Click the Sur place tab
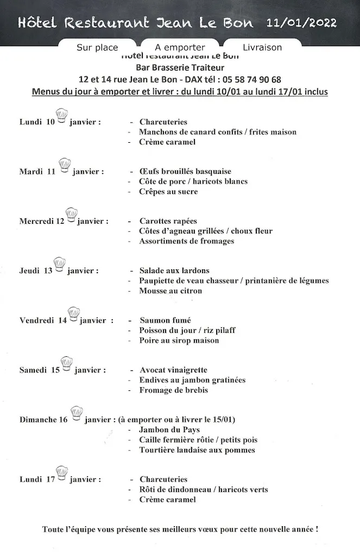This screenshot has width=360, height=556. pyautogui.click(x=97, y=47)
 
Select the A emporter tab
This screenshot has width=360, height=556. pyautogui.click(x=180, y=47)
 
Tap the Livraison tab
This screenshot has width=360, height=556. pyautogui.click(x=262, y=47)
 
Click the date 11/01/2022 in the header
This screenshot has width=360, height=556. pyautogui.click(x=302, y=23)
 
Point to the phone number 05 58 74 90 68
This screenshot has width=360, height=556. pyautogui.click(x=251, y=79)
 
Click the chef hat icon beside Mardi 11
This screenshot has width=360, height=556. pyautogui.click(x=64, y=165)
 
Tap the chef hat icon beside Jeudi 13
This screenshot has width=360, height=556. pyautogui.click(x=60, y=264)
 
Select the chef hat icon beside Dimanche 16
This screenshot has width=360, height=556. pyautogui.click(x=77, y=414)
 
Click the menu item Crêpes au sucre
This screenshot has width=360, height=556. pyautogui.click(x=168, y=192)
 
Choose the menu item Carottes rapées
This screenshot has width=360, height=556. pyautogui.click(x=168, y=221)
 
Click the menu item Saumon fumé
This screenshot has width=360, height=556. pyautogui.click(x=165, y=320)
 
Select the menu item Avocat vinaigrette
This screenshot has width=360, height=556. pyautogui.click(x=173, y=370)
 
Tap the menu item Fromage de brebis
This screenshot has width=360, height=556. pyautogui.click(x=173, y=390)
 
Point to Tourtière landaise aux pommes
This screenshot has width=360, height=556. pyautogui.click(x=197, y=450)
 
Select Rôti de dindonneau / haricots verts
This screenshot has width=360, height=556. pyautogui.click(x=204, y=490)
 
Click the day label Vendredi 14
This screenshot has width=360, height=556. pyautogui.click(x=43, y=320)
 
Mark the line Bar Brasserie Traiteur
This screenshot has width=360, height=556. pyautogui.click(x=180, y=67)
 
